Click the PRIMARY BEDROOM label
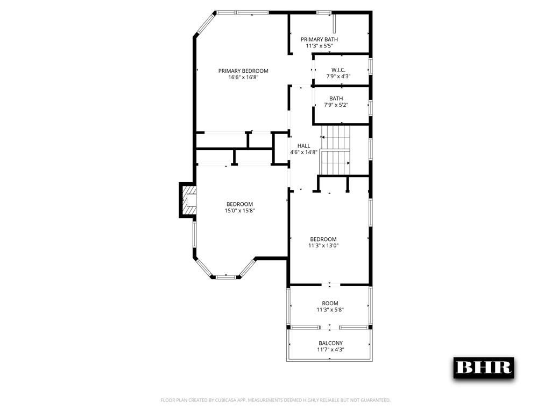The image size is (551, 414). coord(243,71)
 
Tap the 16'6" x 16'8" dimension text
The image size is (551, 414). coord(243,78)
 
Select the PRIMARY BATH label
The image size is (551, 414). coord(319,39)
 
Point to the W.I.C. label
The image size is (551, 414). coord(338,70)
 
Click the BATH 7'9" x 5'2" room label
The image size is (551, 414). coord(336,98)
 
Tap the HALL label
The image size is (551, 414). coord(304,146)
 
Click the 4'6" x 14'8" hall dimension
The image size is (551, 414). coord(304,153)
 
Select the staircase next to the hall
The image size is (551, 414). coord(336,150)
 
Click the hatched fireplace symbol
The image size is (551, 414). coord(188,199)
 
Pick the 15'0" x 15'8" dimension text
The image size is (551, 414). coord(239,211)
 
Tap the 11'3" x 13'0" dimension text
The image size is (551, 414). coord(323,246)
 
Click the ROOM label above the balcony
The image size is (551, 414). coord(330,303)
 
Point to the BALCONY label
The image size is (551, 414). coord(330,343)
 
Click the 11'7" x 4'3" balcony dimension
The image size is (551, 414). coord(330,350)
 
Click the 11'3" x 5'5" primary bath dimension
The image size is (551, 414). coord(319,46)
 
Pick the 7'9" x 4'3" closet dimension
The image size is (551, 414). coord(338,77)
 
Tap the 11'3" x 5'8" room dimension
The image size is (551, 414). coord(330,310)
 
